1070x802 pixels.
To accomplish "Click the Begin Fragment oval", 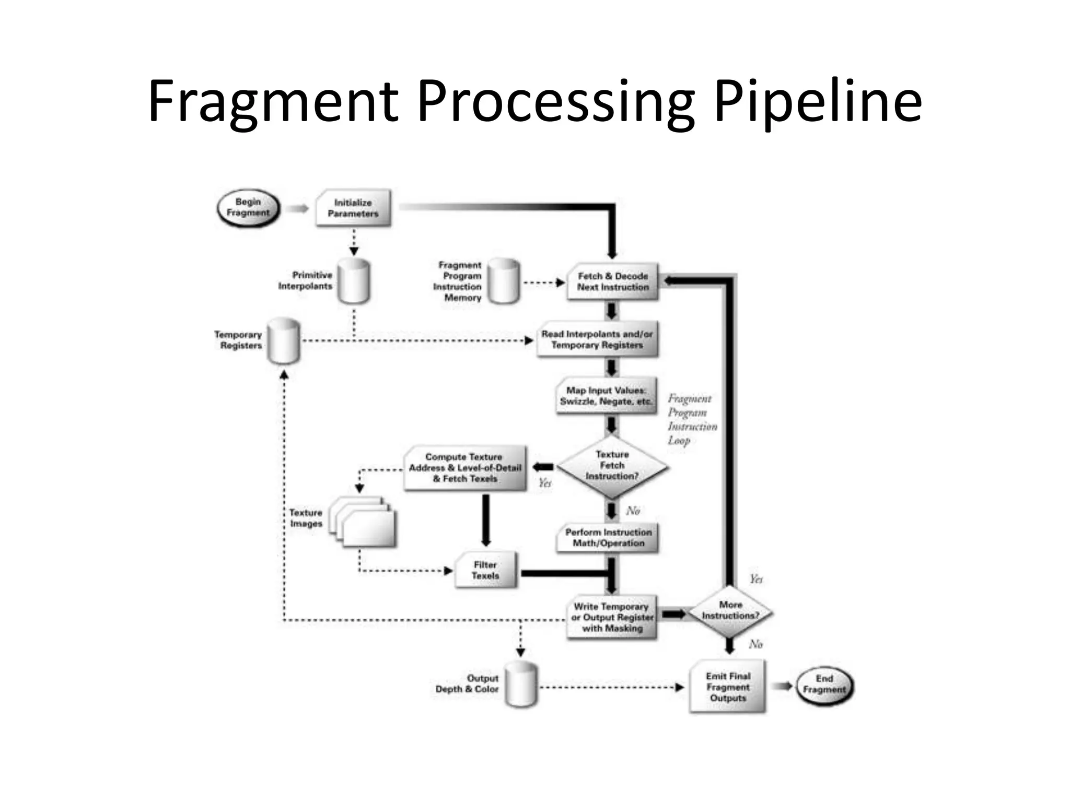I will (x=248, y=208).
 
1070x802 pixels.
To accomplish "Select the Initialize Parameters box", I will (x=354, y=208).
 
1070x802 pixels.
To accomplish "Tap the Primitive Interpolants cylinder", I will (x=354, y=282).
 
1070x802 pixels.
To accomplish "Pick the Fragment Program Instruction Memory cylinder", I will (x=504, y=281).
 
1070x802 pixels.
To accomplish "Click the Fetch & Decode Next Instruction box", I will (x=613, y=282).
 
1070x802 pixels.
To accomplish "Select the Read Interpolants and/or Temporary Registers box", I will (x=597, y=340).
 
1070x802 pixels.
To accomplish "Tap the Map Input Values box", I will (x=606, y=396).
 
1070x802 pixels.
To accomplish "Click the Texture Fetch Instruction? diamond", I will (x=612, y=466).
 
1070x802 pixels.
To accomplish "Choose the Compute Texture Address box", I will (x=465, y=468).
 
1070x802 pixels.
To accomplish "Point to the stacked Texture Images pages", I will (x=364, y=522).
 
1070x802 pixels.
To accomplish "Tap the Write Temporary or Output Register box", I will (x=612, y=618).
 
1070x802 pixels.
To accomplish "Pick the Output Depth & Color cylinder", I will (x=521, y=685).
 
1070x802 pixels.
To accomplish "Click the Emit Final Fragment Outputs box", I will (x=728, y=687).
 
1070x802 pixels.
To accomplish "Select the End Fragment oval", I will (x=824, y=685).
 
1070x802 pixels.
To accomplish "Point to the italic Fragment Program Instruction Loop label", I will (x=691, y=419).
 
